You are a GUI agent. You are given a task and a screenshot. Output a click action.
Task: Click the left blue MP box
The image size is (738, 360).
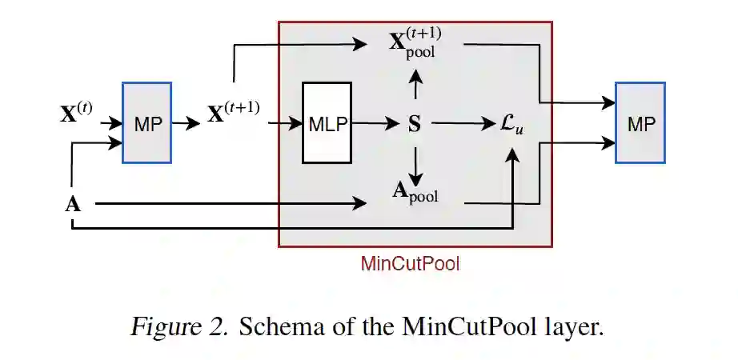146,122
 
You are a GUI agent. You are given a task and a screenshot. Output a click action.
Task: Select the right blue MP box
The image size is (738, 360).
640,122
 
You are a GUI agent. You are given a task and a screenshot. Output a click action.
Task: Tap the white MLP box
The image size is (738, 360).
326,123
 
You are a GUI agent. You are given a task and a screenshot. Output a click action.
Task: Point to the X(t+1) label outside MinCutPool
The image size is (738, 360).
234,112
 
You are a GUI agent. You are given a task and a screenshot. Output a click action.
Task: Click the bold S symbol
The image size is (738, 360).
415,124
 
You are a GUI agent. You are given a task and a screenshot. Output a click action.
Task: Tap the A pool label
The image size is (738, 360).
415,193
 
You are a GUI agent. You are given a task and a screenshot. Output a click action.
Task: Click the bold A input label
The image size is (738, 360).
73,204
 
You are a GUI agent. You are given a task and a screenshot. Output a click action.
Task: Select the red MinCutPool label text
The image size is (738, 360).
411,263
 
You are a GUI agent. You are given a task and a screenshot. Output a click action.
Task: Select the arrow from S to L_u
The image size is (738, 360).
463,124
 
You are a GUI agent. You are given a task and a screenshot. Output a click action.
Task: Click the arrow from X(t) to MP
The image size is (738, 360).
109,123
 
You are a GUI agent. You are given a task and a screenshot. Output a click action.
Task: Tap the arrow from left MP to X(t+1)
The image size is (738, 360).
187,123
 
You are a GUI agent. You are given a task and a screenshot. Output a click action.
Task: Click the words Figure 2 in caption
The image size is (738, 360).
178,327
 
